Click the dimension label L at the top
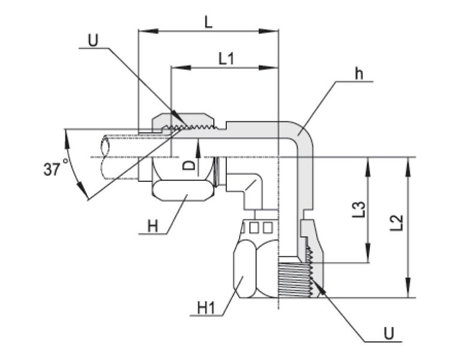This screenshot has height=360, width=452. click(x=208, y=22)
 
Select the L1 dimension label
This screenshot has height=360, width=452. click(x=226, y=59)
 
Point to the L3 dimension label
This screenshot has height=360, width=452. click(x=359, y=209)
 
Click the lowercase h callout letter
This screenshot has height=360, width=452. click(x=358, y=74)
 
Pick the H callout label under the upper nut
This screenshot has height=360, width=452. click(x=153, y=226)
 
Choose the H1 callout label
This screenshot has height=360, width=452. click(x=206, y=308)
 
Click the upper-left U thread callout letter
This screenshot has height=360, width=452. click(x=93, y=40)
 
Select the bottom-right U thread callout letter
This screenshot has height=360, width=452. click(x=389, y=334)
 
